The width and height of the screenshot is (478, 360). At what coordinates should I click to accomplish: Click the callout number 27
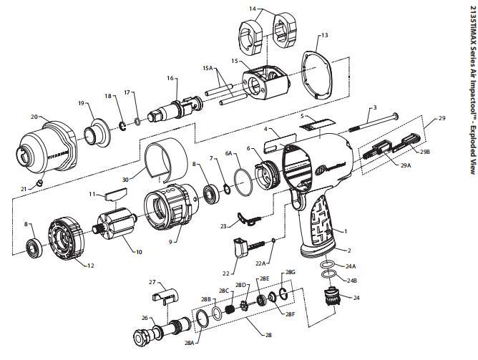tap(152, 281)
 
